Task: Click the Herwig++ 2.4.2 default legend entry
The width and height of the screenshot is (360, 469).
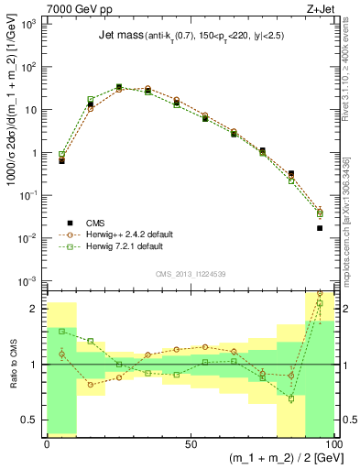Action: tap(125, 234)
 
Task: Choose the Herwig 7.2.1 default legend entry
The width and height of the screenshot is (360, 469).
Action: tap(122, 246)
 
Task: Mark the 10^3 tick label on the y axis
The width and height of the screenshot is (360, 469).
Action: tap(31, 25)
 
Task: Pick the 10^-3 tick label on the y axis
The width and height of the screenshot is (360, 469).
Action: tap(31, 281)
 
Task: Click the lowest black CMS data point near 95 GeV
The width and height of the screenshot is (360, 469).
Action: tap(320, 228)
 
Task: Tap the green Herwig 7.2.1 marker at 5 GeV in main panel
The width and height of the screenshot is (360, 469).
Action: tap(61, 155)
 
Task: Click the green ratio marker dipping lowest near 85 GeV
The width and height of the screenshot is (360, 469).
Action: tap(291, 398)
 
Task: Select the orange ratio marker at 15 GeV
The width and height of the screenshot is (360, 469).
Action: tap(91, 385)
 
